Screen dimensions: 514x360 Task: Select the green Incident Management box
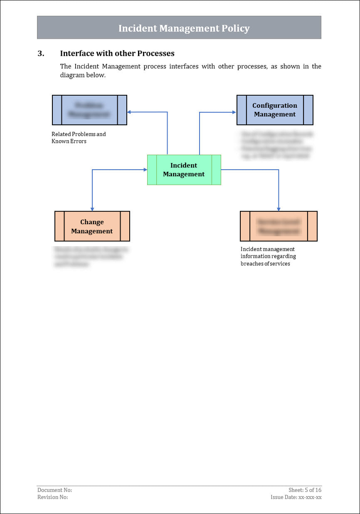pos(184,170)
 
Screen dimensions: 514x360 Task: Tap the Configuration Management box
pos(275,110)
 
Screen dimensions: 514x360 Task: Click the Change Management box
pos(92,226)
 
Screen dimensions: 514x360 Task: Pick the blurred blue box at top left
pos(89,110)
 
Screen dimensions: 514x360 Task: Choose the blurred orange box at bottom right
pos(279,226)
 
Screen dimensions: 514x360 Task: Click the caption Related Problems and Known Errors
pos(79,138)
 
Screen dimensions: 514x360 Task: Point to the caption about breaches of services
pos(268,256)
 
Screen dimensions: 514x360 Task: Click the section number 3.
pos(41,53)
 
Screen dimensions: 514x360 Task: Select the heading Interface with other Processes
pos(117,53)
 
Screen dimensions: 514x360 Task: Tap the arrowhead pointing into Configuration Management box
pos(234,112)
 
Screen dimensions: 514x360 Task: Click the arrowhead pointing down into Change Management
pos(92,209)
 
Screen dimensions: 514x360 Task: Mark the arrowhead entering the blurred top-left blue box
pos(129,112)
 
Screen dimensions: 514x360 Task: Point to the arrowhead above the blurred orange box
pos(279,209)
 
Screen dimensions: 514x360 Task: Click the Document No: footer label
pos(54,490)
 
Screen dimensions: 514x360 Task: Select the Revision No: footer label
pos(52,497)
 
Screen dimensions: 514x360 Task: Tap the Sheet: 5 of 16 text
pos(305,490)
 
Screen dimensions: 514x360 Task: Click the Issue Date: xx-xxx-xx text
pos(296,497)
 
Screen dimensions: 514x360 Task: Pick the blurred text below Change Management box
pos(91,257)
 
